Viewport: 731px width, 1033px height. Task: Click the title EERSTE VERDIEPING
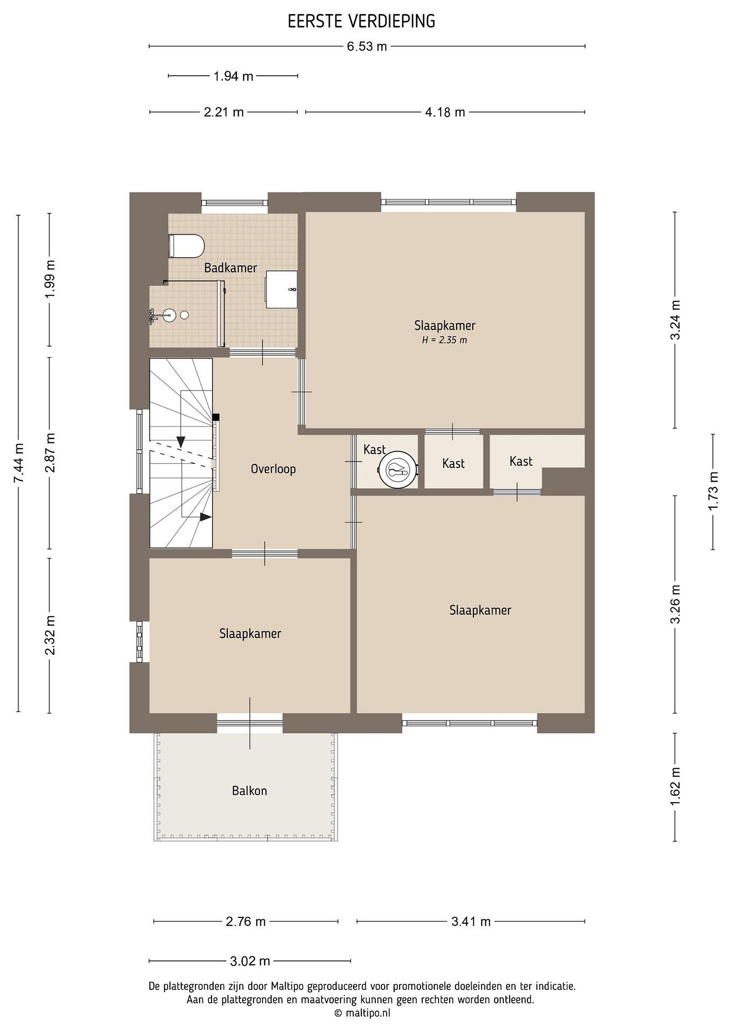[x=361, y=21]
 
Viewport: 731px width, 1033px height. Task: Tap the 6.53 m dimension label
[x=367, y=47]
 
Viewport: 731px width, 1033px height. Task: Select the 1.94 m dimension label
[x=233, y=76]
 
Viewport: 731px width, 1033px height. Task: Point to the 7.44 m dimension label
[x=19, y=463]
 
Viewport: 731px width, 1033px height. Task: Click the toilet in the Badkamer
[x=186, y=246]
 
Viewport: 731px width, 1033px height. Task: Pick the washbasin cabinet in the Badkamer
[x=281, y=289]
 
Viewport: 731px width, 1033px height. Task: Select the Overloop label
[x=273, y=469]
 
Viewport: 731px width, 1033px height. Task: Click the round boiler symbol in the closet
[x=397, y=469]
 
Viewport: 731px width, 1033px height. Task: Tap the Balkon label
[x=249, y=791]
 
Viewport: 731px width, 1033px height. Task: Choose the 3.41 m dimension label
[x=471, y=921]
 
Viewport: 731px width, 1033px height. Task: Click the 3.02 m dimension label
[x=250, y=962]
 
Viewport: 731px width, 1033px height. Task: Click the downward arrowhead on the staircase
[x=181, y=442]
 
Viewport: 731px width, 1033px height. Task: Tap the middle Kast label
[x=453, y=463]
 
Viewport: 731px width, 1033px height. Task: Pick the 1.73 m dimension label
[x=713, y=491]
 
